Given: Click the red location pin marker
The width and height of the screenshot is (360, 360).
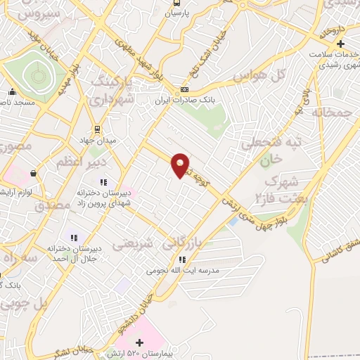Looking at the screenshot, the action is pos(181,165).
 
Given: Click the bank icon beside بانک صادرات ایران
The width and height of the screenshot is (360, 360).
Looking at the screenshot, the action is pos(184,89).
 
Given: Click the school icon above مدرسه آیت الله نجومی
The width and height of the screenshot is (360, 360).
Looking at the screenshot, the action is pos(183,259).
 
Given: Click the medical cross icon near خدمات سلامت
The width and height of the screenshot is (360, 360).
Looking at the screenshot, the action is pos(340,44).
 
